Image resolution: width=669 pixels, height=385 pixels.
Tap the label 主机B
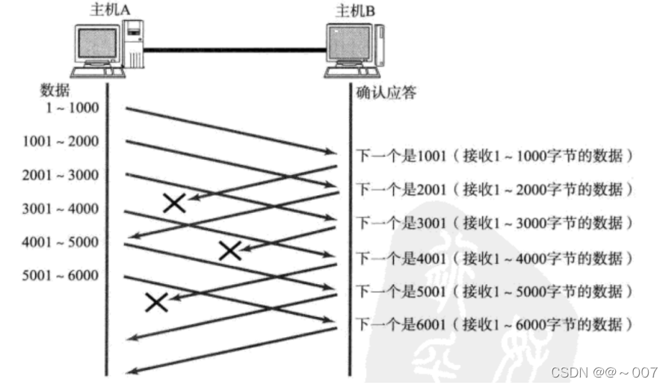[354, 10]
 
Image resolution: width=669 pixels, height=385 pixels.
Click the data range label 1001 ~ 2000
[61, 141]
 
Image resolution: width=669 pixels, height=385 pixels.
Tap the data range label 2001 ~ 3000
[61, 175]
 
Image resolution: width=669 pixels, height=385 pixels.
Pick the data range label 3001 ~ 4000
[61, 209]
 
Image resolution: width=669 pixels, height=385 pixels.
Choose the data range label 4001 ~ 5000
[61, 242]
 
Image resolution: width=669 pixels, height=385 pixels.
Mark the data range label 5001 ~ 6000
[61, 276]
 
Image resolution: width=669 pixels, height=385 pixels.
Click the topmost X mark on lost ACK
[174, 202]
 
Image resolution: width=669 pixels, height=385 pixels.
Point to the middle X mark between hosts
[230, 250]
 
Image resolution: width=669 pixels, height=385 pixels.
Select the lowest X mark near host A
[156, 301]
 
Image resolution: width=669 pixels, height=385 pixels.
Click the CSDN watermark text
[604, 372]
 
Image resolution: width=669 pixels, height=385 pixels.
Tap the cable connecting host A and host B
[235, 50]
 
